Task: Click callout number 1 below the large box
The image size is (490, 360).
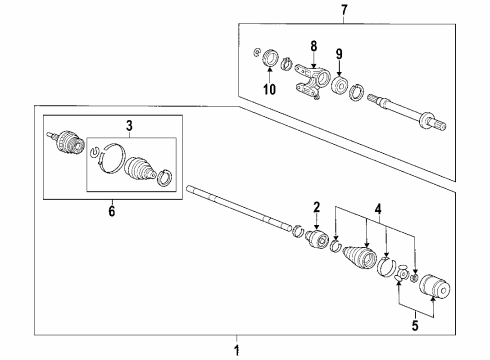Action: [236, 349]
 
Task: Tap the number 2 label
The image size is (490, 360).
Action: [317, 207]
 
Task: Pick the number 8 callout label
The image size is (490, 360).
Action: [313, 45]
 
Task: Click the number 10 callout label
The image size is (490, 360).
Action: [268, 90]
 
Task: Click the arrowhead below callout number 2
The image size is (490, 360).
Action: [317, 228]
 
